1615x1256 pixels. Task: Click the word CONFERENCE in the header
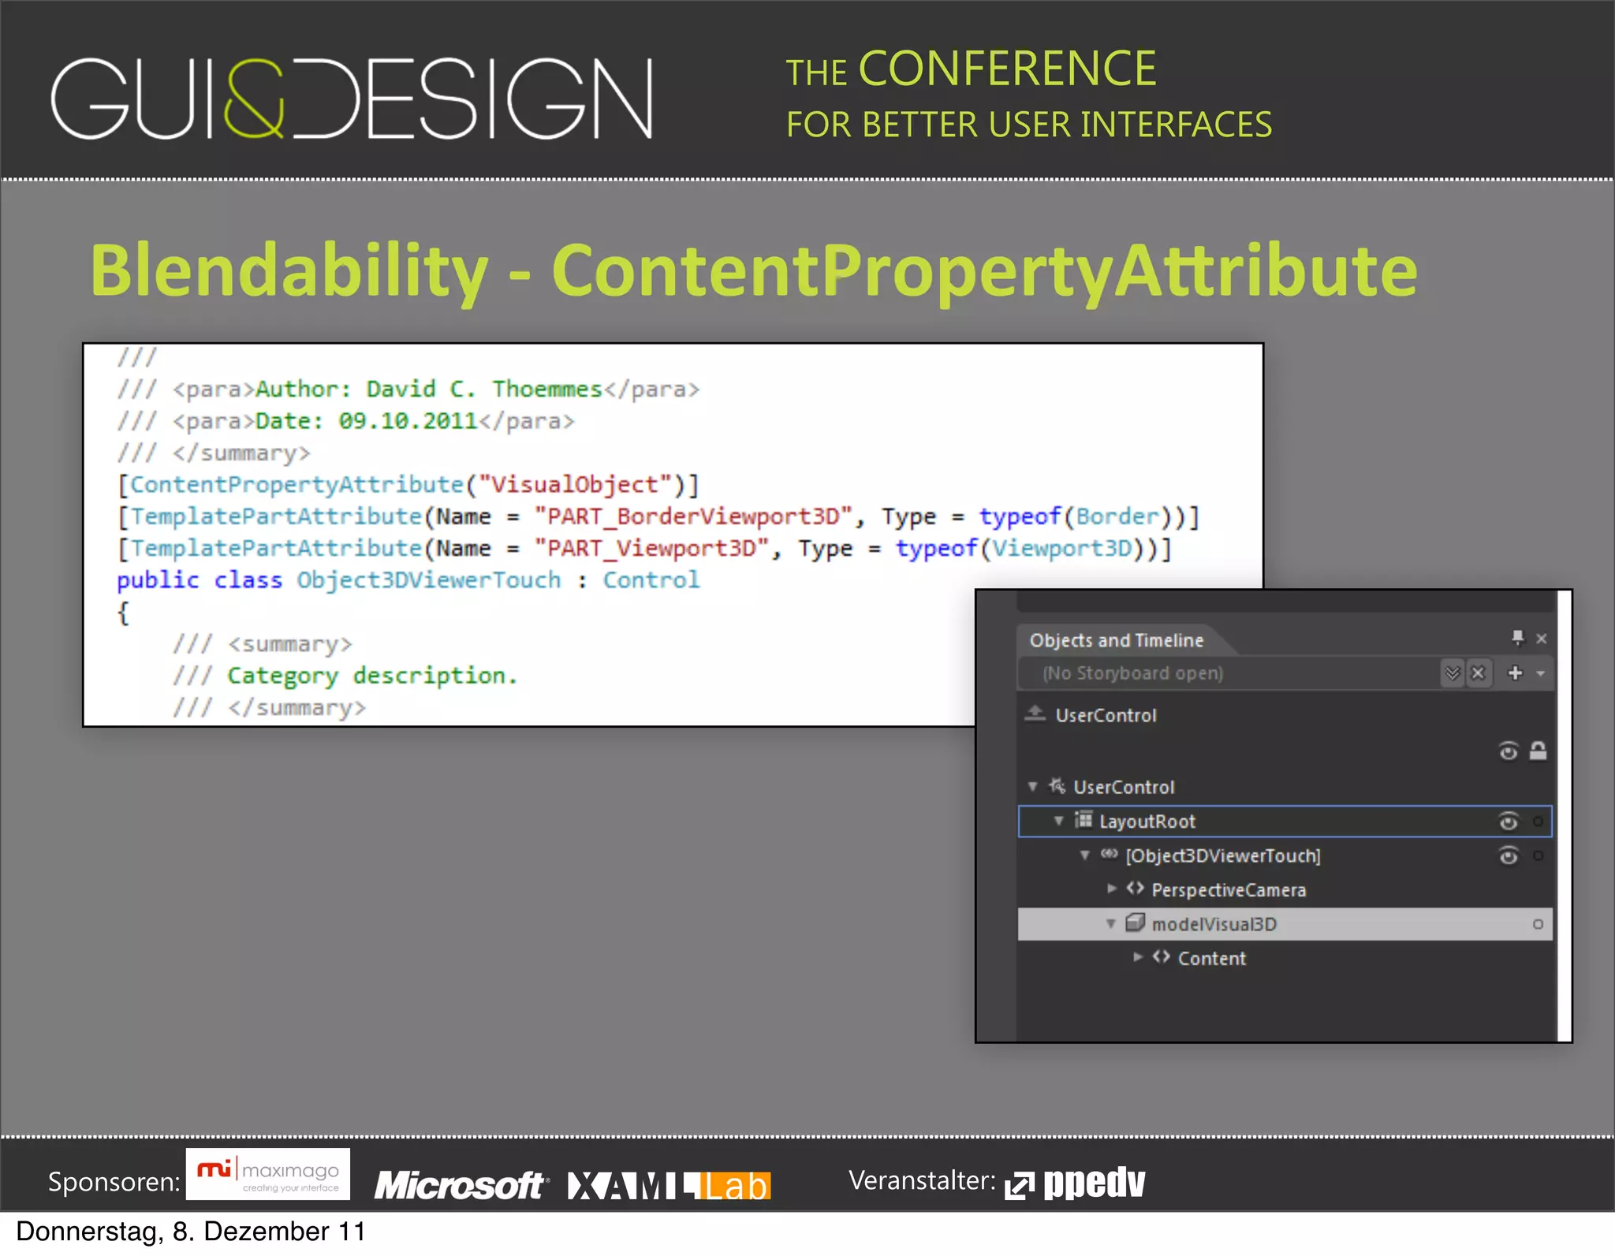point(1007,69)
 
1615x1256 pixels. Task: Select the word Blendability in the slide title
point(289,270)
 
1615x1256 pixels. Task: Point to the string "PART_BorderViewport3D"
point(693,516)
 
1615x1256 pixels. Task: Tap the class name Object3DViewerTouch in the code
point(428,580)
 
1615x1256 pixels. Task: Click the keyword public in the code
point(158,580)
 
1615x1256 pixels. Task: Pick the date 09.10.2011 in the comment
point(408,421)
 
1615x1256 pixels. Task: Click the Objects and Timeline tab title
point(1116,640)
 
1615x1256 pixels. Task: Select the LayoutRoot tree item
point(1147,822)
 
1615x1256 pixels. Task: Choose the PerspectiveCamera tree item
point(1228,890)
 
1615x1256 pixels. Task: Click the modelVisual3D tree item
point(1214,924)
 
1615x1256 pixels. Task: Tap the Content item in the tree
point(1211,959)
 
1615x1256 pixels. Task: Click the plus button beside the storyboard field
point(1514,673)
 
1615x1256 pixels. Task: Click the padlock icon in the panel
point(1538,751)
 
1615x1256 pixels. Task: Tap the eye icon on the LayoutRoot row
point(1508,822)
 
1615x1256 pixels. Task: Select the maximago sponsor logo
point(268,1175)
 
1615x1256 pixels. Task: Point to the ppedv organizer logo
point(1076,1183)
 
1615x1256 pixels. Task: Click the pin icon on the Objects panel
point(1517,637)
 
